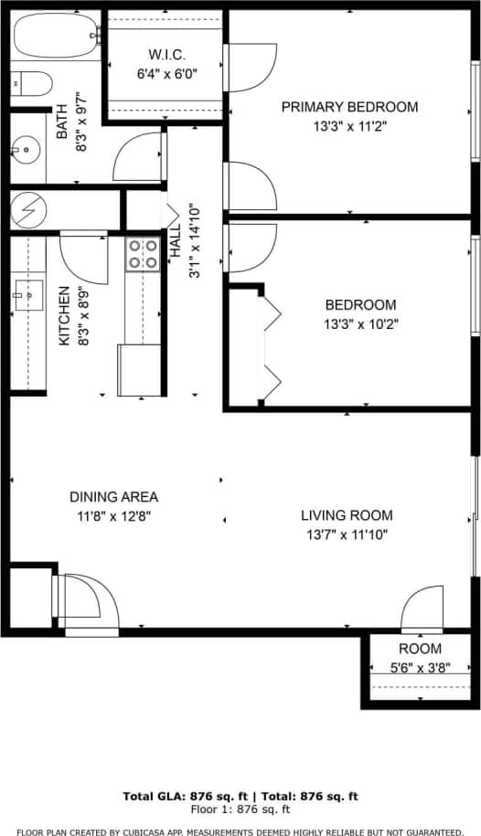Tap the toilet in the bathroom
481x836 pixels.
point(31,84)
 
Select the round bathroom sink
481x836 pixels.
point(26,149)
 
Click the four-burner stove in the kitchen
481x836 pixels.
point(142,254)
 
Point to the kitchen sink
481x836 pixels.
point(27,292)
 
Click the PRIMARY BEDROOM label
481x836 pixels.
point(349,107)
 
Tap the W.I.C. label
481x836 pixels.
point(166,53)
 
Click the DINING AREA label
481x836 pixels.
point(113,497)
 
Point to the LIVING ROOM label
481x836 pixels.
point(347,515)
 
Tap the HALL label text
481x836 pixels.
point(175,246)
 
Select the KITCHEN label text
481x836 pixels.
point(64,315)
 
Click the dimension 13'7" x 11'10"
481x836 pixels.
point(347,534)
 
